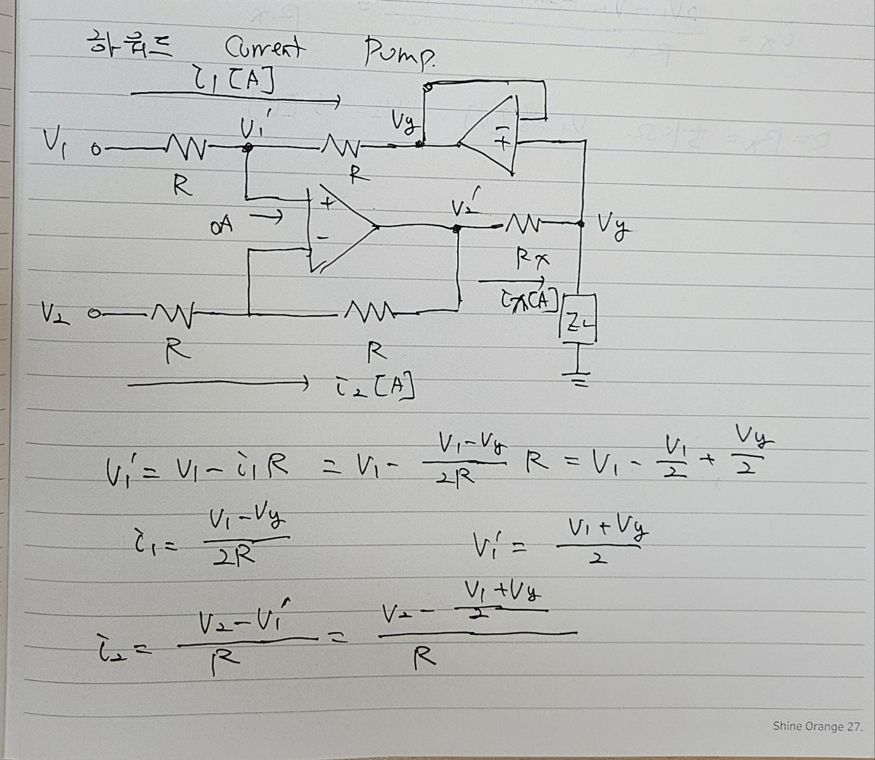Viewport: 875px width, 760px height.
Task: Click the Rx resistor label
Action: click(x=532, y=258)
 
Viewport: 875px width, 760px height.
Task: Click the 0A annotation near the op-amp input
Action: click(x=221, y=225)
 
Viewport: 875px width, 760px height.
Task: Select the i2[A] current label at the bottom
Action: click(x=373, y=387)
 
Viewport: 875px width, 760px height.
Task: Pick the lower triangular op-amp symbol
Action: click(x=340, y=228)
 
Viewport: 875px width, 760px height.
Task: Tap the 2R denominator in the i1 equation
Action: click(x=234, y=555)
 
